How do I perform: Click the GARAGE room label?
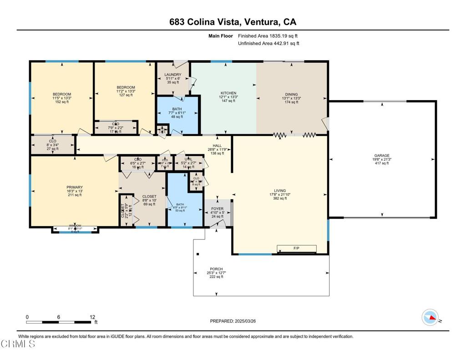tap(381, 156)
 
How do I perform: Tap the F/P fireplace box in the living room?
tap(297, 248)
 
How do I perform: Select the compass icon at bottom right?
tap(431, 317)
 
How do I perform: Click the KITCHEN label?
tap(228, 93)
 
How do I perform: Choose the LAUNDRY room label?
tap(172, 75)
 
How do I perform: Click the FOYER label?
tap(217, 209)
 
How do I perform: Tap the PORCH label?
tap(216, 269)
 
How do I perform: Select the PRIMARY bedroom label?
tap(75, 187)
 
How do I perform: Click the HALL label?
tap(217, 146)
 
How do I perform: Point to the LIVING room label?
tap(280, 191)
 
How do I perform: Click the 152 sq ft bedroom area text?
tap(62, 102)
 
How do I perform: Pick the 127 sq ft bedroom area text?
tap(126, 95)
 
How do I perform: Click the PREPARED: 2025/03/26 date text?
tap(233, 321)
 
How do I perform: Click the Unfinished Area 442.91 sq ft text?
tap(268, 44)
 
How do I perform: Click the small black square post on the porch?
tap(197, 254)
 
